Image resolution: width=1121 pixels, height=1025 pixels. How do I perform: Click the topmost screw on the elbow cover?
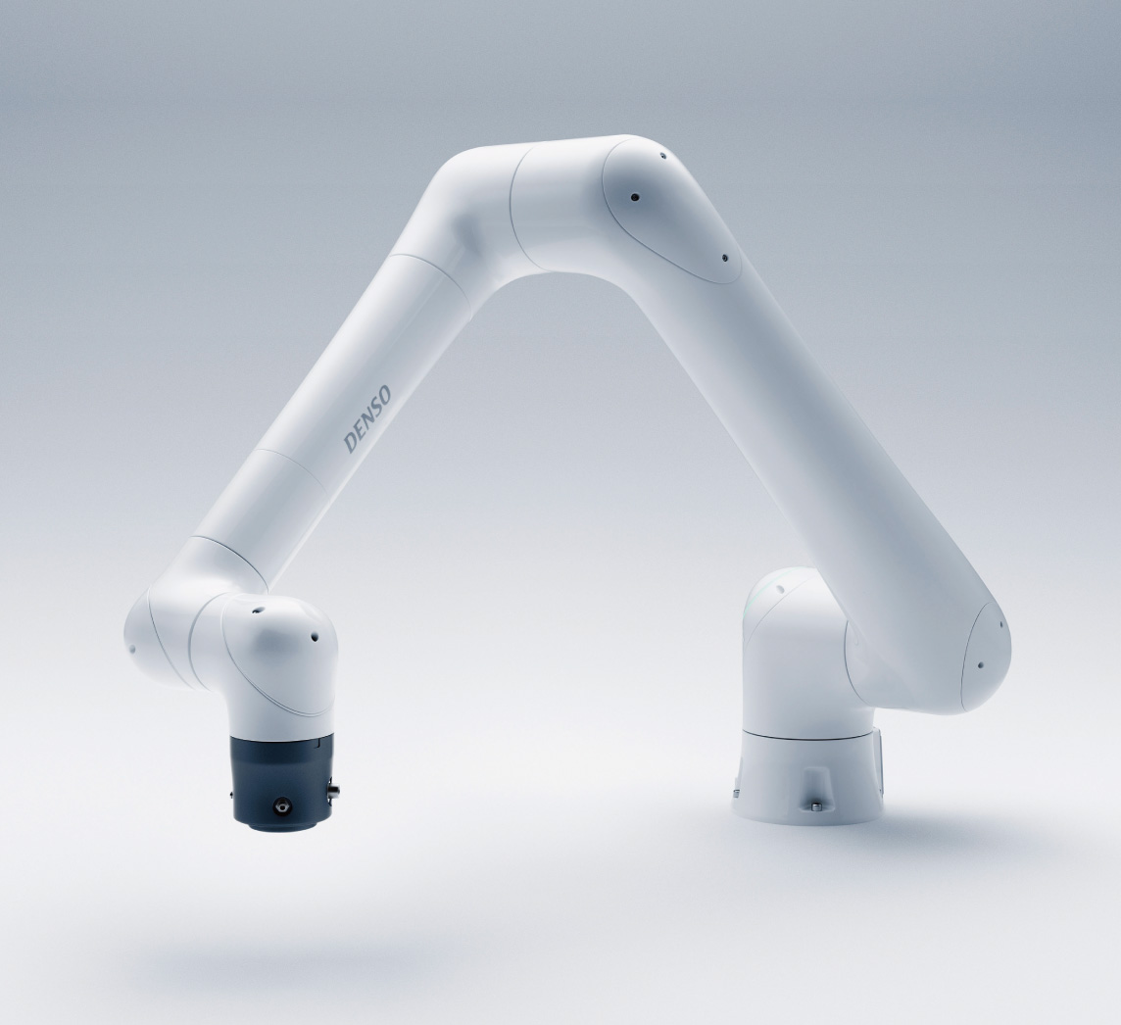click(x=662, y=155)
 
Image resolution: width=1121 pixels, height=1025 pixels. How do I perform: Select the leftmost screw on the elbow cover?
click(x=633, y=197)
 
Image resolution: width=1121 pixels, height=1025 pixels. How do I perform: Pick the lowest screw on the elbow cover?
click(x=724, y=258)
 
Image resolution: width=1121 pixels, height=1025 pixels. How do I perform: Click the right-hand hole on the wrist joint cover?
click(x=314, y=634)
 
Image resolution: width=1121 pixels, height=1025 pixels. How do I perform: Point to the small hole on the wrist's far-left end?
click(x=131, y=650)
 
